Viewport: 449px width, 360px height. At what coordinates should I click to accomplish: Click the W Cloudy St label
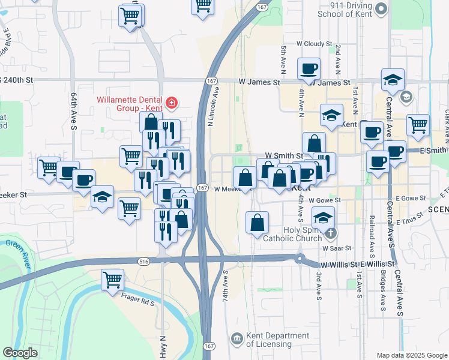tap(314, 44)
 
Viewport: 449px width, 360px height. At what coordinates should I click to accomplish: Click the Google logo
tap(20, 353)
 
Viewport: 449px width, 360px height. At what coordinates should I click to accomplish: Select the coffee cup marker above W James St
tap(309, 68)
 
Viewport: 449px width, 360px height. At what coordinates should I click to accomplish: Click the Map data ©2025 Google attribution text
tap(412, 355)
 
